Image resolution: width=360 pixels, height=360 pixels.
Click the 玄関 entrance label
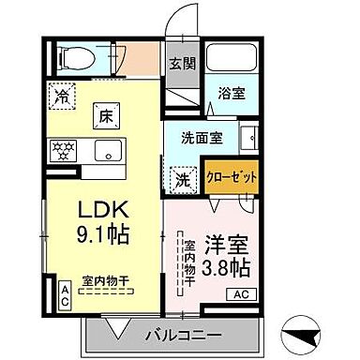181,65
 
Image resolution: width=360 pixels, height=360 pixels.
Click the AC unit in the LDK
66,295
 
